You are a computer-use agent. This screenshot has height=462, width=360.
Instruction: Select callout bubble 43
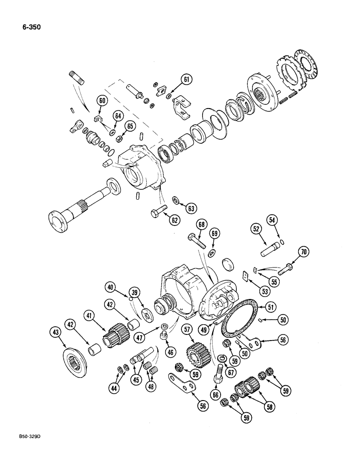point(56,332)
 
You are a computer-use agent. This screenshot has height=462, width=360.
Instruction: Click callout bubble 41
point(90,316)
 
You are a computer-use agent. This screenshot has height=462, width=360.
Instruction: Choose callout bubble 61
point(186,80)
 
